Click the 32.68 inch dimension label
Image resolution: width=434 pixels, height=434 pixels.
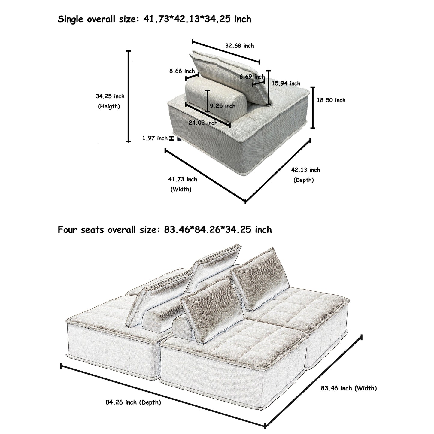pos(239,46)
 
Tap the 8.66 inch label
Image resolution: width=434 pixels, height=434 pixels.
pos(182,71)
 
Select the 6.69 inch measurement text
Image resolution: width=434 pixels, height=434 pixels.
pos(252,77)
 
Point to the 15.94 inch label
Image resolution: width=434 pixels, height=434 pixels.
pos(286,83)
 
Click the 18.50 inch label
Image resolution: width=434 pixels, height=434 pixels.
pos(331,100)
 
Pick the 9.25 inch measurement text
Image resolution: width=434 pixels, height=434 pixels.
pos(223,106)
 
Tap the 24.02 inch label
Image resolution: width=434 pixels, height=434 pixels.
pos(203,123)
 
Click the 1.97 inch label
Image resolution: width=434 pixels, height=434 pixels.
pos(155,138)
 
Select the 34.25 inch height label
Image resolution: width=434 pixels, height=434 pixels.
pos(110,96)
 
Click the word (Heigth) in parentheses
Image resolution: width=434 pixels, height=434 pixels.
pos(109,106)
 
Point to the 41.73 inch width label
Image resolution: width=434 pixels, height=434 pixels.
pos(183,179)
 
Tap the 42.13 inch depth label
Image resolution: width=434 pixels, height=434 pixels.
pos(305,170)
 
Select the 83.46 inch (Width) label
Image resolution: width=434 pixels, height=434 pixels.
pos(349,388)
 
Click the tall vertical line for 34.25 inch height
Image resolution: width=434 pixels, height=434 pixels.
pos(129,96)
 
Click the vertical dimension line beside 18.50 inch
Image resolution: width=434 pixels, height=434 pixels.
pos(313,108)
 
